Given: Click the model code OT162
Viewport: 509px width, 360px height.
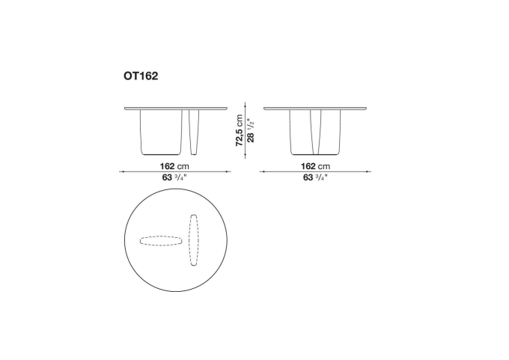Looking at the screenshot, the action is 141,76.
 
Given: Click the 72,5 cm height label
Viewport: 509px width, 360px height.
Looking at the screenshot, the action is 240,130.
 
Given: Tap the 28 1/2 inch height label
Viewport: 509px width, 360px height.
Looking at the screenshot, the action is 251,130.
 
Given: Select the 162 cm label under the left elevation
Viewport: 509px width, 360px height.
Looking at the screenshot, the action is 174,166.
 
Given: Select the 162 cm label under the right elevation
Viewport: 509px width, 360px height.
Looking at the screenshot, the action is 315,166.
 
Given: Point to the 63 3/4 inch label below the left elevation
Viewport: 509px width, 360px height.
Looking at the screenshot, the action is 174,177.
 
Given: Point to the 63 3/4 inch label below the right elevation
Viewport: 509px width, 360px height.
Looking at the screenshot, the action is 315,177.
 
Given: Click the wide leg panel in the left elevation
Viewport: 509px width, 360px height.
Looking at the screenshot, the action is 161,132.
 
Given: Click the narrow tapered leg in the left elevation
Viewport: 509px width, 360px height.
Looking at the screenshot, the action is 194,132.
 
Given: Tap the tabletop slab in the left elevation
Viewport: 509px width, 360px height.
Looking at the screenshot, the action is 176,109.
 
